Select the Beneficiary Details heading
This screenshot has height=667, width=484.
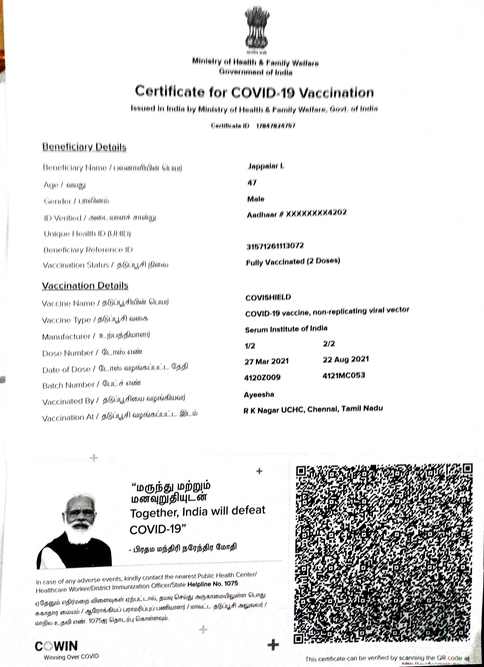point(84,147)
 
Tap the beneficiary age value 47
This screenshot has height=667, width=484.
point(252,183)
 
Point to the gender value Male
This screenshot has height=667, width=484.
point(256,199)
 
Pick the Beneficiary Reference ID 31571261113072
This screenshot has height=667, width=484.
point(275,246)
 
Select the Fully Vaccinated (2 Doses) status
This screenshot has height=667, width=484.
point(293,262)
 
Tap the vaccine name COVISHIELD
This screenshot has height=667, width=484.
point(268,297)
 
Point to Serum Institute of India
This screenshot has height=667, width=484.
point(286,329)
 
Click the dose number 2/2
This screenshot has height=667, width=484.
point(329,344)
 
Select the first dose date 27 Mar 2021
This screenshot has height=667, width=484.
point(266,361)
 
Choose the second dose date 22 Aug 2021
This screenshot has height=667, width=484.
point(346,359)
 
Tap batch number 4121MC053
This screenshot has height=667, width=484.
point(344,375)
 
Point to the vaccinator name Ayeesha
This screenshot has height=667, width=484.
point(259,394)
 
